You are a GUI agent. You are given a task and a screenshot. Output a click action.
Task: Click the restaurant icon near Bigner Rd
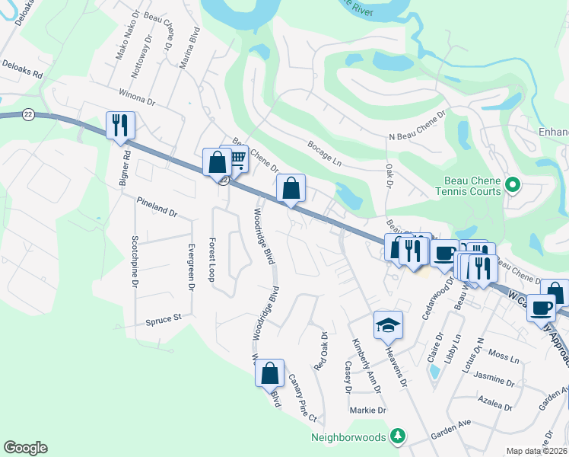[x=120, y=126]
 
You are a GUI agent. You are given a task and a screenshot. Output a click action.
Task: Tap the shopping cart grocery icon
[x=237, y=158]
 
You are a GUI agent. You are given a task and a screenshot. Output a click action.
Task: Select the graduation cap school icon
[x=388, y=324]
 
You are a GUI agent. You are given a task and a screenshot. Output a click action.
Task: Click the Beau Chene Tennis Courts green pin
[x=512, y=184]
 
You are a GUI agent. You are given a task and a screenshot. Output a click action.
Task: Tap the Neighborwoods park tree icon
[x=396, y=436]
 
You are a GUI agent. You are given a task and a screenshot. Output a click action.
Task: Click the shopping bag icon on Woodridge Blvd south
[x=269, y=373]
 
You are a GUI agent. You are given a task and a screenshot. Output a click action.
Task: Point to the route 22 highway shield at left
[x=28, y=113]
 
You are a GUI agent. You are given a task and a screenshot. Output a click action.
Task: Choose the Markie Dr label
[x=369, y=410]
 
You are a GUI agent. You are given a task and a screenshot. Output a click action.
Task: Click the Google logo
[x=25, y=448]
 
